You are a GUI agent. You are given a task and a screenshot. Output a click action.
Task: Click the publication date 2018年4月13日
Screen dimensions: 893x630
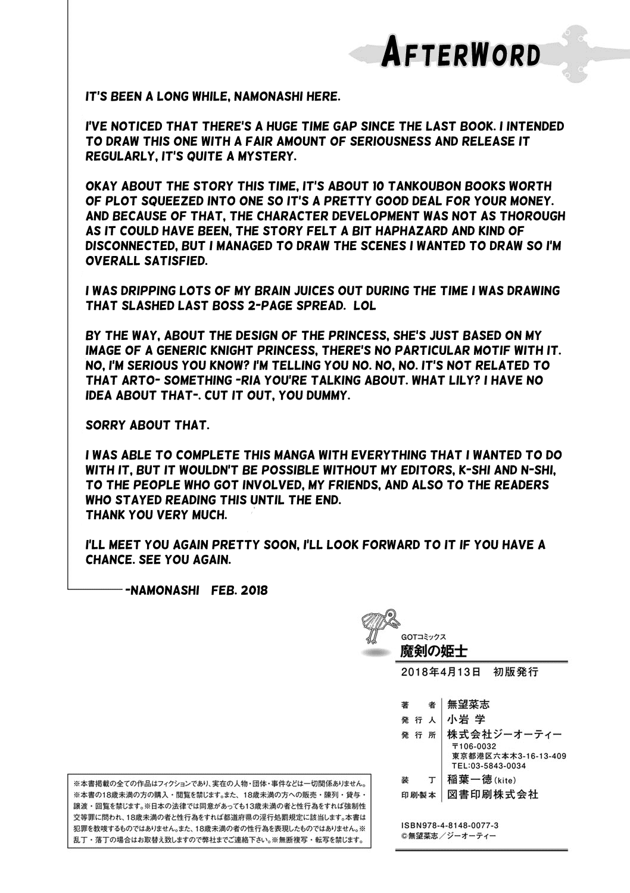[441, 672]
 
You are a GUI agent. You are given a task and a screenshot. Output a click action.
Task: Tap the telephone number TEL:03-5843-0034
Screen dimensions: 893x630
[489, 766]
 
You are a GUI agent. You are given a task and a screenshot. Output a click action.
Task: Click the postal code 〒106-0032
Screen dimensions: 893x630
[473, 747]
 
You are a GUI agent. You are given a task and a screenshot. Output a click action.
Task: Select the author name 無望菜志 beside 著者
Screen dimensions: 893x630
[469, 704]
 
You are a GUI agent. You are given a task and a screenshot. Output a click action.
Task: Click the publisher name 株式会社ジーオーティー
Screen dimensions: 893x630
[504, 735]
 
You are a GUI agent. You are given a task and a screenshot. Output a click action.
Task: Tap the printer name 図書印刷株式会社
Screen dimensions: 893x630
[492, 794]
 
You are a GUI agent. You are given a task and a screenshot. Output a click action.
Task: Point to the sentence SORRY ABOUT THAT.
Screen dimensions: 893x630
[147, 426]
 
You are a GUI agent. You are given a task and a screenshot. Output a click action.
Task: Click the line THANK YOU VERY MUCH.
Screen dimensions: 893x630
[157, 516]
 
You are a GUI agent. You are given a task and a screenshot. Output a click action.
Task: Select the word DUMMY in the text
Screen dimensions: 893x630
[324, 396]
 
